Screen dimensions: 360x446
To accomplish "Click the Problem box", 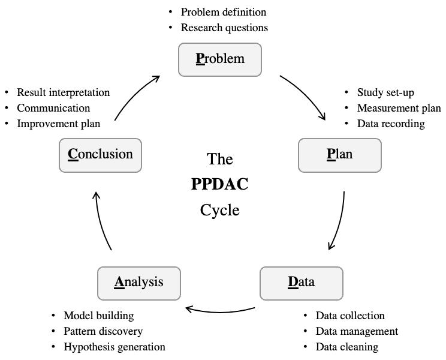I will (x=220, y=59).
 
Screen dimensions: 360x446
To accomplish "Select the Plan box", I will (x=340, y=155).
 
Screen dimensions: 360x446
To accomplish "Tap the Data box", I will (x=301, y=283).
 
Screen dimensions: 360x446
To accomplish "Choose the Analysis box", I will (x=139, y=283).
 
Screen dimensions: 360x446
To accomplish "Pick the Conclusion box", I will (x=100, y=155).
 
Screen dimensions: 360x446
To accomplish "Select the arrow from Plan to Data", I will (x=340, y=222).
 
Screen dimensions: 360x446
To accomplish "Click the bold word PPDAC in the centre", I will (x=219, y=184).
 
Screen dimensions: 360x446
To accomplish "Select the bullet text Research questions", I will (x=224, y=28).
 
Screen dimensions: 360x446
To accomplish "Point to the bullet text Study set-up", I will (x=385, y=92).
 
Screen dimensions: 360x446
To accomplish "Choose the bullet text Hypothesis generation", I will (x=114, y=347).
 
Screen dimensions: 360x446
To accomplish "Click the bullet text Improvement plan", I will (x=59, y=124).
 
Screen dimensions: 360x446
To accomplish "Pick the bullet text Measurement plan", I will (x=399, y=108).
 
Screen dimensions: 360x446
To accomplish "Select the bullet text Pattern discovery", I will (x=103, y=331).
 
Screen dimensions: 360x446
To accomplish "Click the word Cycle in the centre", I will (x=220, y=210).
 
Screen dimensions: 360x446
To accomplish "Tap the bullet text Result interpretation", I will (x=64, y=92).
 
